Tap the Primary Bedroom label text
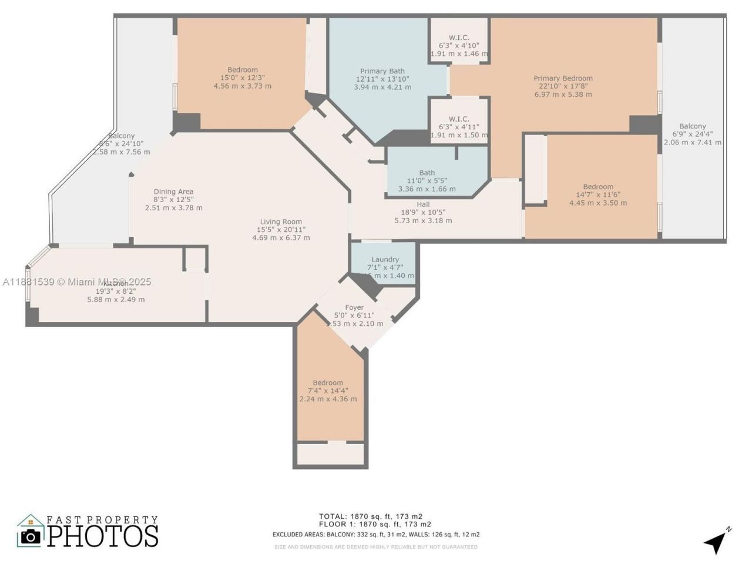(x=563, y=78)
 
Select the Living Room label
(x=281, y=222)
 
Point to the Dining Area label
(x=173, y=192)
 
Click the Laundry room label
(x=385, y=260)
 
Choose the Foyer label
(x=354, y=307)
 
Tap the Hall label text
(x=423, y=204)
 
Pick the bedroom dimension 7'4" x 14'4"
(x=328, y=391)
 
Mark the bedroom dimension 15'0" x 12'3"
(x=243, y=78)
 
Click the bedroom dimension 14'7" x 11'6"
(x=598, y=194)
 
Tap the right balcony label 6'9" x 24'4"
(x=693, y=134)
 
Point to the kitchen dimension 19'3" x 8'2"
(x=116, y=291)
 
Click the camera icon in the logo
(x=31, y=536)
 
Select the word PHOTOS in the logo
(x=103, y=536)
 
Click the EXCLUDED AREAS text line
(x=376, y=535)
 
